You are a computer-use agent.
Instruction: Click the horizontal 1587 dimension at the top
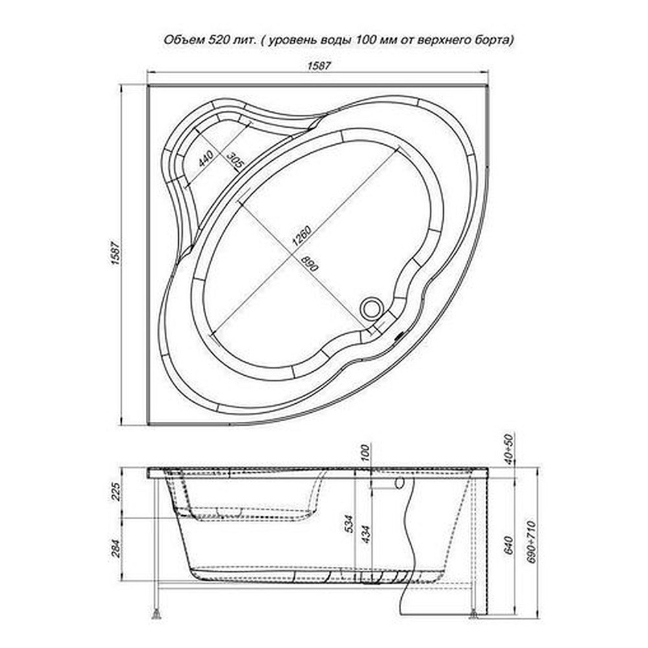[x=319, y=65]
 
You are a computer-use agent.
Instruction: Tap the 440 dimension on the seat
[x=205, y=159]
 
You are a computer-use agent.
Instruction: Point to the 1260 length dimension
[x=301, y=237]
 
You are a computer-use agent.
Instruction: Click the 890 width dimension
[x=310, y=263]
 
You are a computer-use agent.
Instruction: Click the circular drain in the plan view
[x=372, y=308]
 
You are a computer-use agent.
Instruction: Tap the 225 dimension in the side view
[x=116, y=492]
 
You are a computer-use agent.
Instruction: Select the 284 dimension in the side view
[x=116, y=548]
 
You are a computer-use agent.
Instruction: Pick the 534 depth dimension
[x=350, y=524]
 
